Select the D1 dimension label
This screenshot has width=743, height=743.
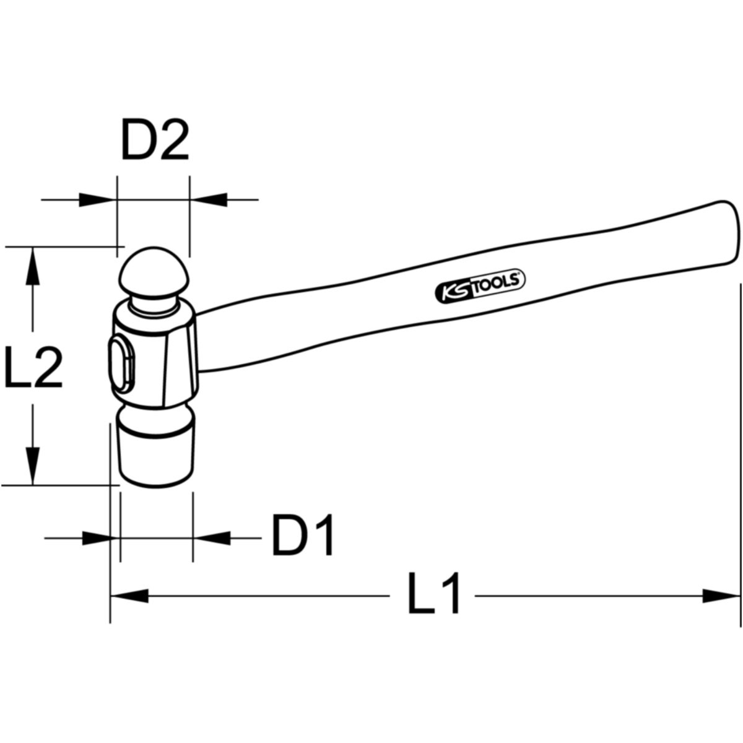(x=303, y=535)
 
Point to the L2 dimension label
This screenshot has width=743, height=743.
(x=33, y=367)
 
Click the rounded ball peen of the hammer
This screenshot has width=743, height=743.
(x=154, y=272)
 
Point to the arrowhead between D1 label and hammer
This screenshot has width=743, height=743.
(x=212, y=538)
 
